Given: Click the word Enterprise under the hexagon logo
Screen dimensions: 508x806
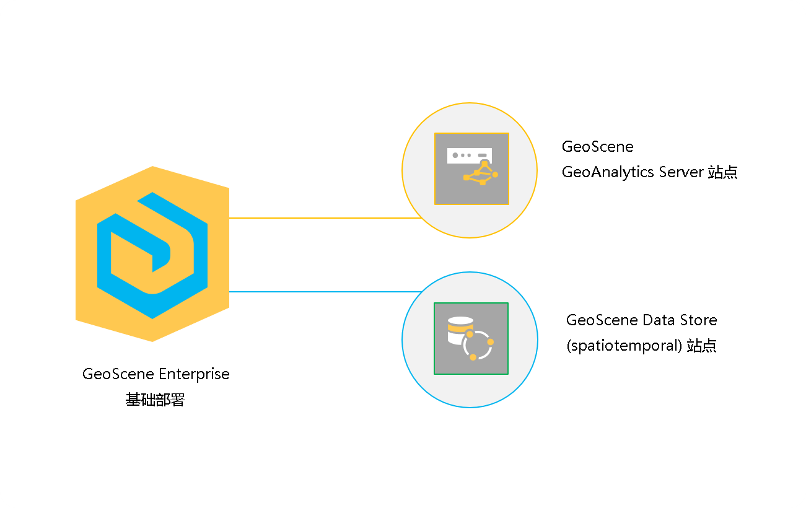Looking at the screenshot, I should click(x=194, y=375).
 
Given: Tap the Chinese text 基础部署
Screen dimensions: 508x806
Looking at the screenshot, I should click(x=156, y=400).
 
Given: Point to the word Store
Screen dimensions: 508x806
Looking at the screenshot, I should click(x=697, y=320).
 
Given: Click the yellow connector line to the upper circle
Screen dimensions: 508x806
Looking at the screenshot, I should click(x=325, y=218).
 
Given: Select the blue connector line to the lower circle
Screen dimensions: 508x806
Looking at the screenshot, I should click(x=325, y=292).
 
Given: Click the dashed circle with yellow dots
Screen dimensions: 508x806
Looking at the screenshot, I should click(x=478, y=346).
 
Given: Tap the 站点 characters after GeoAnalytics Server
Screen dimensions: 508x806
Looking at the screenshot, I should click(x=722, y=172).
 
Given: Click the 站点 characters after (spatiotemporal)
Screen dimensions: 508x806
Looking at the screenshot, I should click(x=702, y=346).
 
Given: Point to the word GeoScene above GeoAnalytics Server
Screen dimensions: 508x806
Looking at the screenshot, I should click(x=597, y=147).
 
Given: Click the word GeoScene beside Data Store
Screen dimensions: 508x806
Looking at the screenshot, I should click(x=602, y=320).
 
